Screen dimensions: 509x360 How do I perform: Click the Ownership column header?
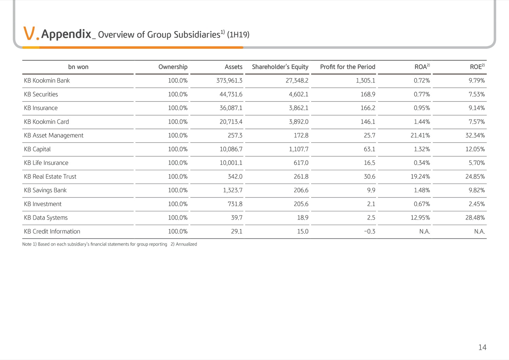click(173, 67)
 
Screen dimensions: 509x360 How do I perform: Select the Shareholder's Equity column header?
click(280, 67)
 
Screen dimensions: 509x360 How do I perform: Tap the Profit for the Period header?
click(348, 67)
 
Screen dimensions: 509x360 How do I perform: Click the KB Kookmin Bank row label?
click(47, 80)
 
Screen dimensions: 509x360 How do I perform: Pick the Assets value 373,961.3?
click(229, 80)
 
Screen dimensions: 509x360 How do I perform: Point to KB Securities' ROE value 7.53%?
click(476, 94)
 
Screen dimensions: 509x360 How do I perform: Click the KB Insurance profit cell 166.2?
click(368, 108)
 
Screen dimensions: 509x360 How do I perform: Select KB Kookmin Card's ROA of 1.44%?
click(422, 121)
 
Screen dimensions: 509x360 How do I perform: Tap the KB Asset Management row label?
click(54, 135)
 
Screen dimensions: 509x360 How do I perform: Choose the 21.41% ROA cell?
click(420, 135)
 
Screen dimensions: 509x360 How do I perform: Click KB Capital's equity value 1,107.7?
click(299, 149)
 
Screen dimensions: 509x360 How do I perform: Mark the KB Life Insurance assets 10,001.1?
click(231, 163)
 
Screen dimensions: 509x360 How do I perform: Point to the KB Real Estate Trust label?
click(50, 176)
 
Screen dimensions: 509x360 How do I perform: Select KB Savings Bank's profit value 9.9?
click(371, 190)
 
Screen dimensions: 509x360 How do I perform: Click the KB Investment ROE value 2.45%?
click(476, 204)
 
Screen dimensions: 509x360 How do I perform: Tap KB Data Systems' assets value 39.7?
click(237, 218)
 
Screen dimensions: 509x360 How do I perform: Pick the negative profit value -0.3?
click(370, 231)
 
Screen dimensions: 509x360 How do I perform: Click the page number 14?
click(483, 347)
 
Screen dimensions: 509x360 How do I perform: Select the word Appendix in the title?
click(66, 34)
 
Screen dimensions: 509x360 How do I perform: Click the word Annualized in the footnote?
click(186, 244)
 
